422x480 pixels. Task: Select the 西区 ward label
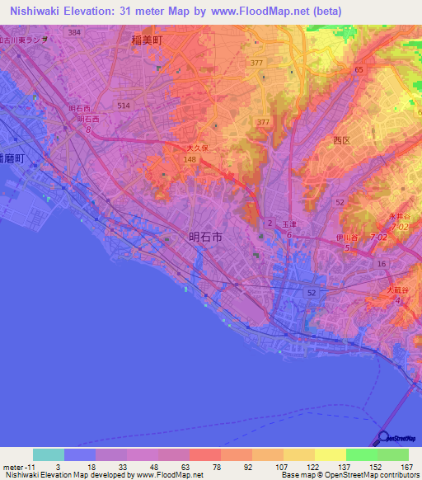342,141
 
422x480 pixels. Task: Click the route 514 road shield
124,106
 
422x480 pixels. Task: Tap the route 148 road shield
190,160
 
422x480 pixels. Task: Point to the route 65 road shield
359,70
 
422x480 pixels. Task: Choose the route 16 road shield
381,263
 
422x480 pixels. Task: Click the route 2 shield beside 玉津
269,224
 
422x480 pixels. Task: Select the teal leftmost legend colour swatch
48,454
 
